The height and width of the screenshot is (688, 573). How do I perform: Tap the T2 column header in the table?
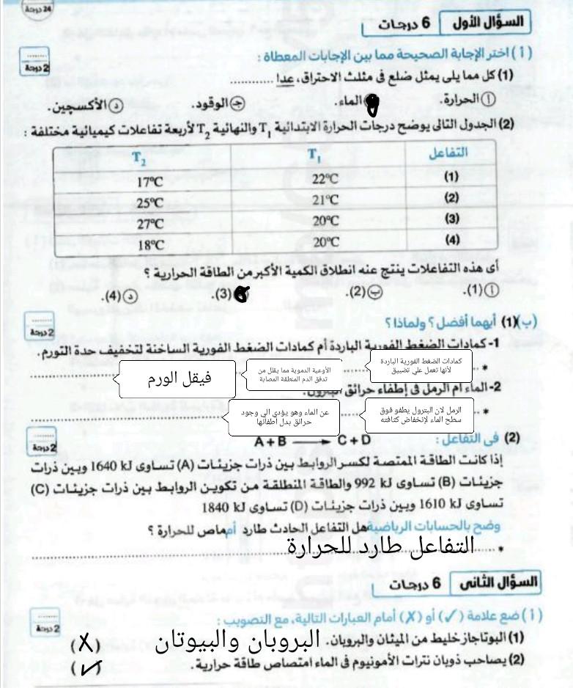[139, 157]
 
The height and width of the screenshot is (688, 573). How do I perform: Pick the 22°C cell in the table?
[325, 179]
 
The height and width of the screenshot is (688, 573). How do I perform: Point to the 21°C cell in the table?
[325, 200]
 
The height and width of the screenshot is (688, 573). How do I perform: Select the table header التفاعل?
[448, 154]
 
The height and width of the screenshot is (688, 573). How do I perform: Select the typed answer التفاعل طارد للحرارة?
[380, 544]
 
